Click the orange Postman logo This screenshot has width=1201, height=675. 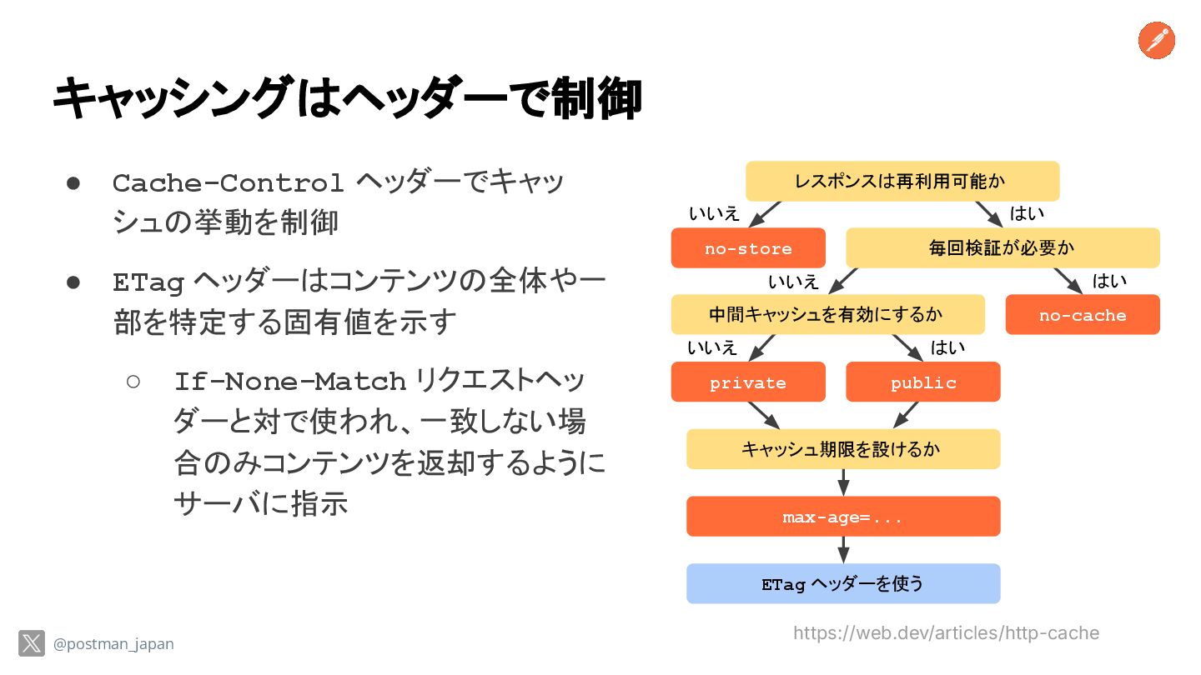pyautogui.click(x=1156, y=41)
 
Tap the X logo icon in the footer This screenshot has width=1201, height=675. pyautogui.click(x=32, y=643)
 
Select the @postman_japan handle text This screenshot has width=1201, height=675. pyautogui.click(x=113, y=644)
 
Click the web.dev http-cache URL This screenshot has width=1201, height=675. pyautogui.click(x=946, y=633)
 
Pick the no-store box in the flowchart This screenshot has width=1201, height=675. pyautogui.click(x=748, y=248)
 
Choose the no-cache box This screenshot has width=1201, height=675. pyautogui.click(x=1083, y=315)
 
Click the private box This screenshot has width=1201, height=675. pyautogui.click(x=748, y=382)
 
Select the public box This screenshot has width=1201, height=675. pyautogui.click(x=923, y=382)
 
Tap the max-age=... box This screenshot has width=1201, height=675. pyautogui.click(x=843, y=517)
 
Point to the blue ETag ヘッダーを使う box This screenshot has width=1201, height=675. pyautogui.click(x=843, y=583)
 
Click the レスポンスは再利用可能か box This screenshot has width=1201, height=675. pyautogui.click(x=902, y=181)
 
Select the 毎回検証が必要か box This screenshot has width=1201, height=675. pyautogui.click(x=1003, y=247)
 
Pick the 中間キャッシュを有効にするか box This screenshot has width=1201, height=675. pyautogui.click(x=827, y=314)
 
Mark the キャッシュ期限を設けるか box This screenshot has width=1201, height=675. pyautogui.click(x=843, y=449)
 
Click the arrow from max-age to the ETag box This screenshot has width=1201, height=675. pyautogui.click(x=843, y=549)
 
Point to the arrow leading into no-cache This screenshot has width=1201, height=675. pyautogui.click(x=1068, y=281)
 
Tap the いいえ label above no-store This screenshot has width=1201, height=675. pyautogui.click(x=714, y=213)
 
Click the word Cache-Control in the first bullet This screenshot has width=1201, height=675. pyautogui.click(x=228, y=182)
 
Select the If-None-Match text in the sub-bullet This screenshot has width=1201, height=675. pyautogui.click(x=289, y=382)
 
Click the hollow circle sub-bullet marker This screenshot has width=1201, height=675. pyautogui.click(x=133, y=382)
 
